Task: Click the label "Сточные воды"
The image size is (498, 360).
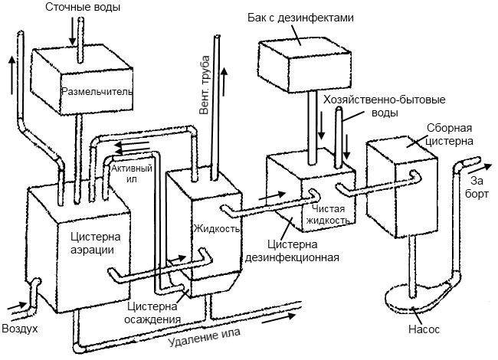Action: tap(83, 7)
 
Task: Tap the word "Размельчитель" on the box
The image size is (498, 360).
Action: tap(97, 92)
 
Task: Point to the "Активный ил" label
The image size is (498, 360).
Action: tap(132, 173)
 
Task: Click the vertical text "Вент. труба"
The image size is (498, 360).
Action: tap(205, 85)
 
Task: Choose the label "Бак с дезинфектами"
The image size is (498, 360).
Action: tap(301, 18)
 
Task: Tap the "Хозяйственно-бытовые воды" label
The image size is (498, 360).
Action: tap(385, 106)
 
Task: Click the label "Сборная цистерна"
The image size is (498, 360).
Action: tap(449, 134)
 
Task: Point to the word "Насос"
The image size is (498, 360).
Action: tap(424, 329)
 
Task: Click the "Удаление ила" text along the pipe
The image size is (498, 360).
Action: tap(205, 338)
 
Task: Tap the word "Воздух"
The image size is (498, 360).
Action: tap(20, 329)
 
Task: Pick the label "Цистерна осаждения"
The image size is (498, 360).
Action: tap(152, 313)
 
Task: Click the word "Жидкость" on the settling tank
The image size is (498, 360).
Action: tap(217, 228)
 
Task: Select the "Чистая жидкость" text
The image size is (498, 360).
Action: tap(331, 214)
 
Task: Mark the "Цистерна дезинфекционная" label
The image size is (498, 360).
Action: tap(292, 250)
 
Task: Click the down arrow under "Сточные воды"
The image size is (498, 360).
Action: tap(73, 31)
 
